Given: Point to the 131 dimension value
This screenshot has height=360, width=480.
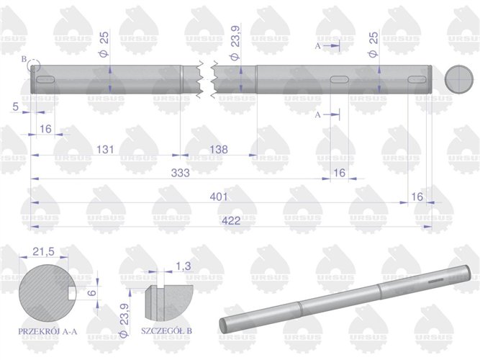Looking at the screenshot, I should (106, 150).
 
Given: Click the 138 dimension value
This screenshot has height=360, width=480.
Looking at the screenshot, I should (218, 150).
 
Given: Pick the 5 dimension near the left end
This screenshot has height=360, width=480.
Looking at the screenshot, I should (15, 107).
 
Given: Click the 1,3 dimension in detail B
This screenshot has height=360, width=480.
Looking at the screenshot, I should (184, 267).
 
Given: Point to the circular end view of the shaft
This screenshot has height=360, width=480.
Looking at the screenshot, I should (458, 78).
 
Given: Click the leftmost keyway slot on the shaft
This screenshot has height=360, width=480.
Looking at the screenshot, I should (45, 78).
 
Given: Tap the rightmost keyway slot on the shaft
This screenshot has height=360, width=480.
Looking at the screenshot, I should (417, 79).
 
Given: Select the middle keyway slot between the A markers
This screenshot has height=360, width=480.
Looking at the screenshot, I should (338, 79).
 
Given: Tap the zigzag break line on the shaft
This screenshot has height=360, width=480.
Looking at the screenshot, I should (206, 79).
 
